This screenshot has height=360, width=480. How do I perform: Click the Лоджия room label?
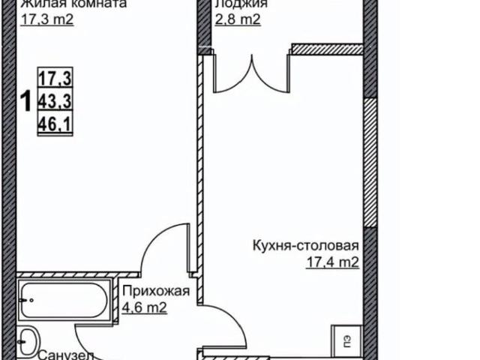tap(238, 4)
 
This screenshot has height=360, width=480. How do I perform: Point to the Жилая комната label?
tap(63, 4)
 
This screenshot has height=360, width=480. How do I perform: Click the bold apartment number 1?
tap(24, 100)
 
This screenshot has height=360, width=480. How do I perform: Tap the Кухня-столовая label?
tap(306, 245)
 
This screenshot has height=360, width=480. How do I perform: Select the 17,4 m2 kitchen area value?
tap(332, 262)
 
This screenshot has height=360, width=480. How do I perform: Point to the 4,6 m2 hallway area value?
tap(142, 306)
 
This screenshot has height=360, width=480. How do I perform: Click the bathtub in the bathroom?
tap(63, 301)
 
